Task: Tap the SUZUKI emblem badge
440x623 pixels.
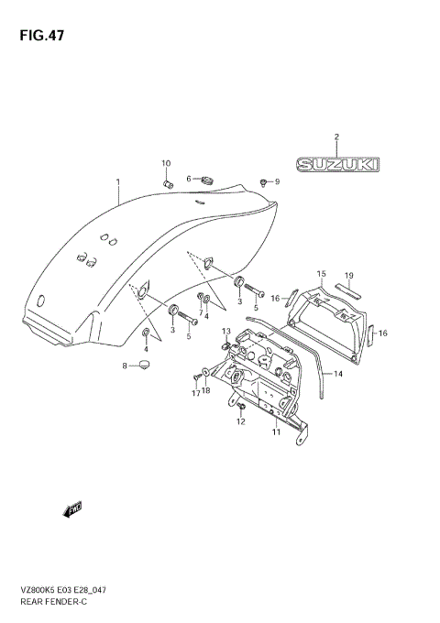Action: (336, 164)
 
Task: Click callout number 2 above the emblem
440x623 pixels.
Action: (336, 137)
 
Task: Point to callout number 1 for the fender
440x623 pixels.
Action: (117, 181)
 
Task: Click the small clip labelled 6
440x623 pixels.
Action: (206, 179)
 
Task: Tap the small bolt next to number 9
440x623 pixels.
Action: (264, 182)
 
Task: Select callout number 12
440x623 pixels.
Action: (240, 421)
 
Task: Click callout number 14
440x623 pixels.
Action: (337, 374)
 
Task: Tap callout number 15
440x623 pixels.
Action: (322, 274)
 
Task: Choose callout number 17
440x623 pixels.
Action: (195, 393)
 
